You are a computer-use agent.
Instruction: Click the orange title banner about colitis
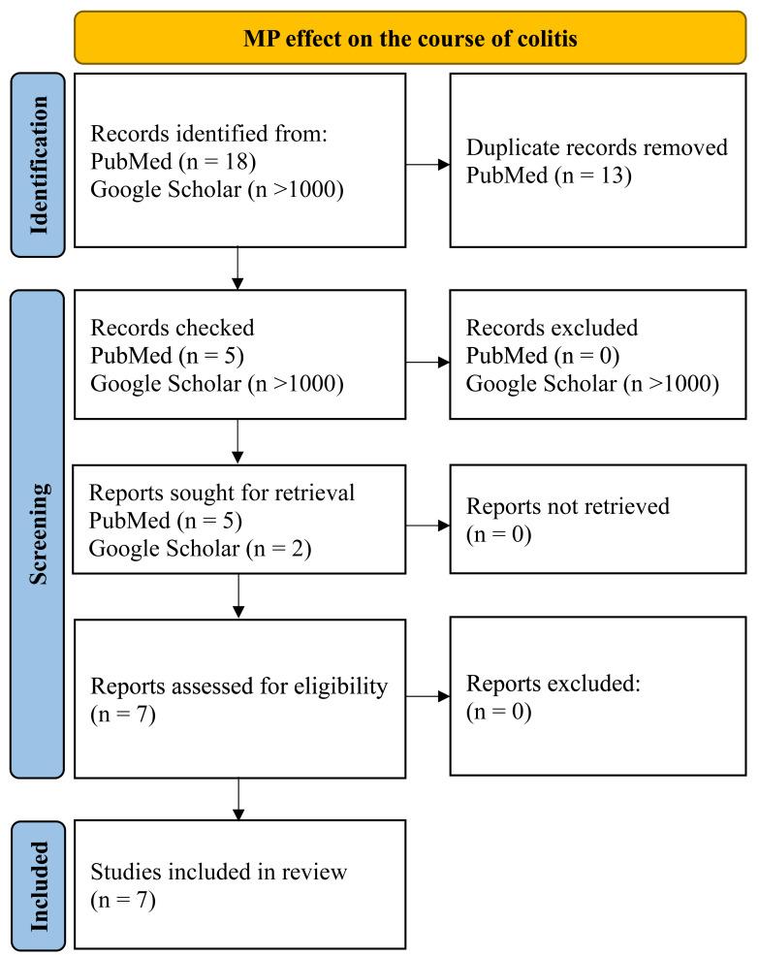click(x=409, y=37)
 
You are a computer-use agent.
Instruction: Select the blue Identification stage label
click(x=39, y=165)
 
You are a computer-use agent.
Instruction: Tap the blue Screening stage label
click(x=39, y=533)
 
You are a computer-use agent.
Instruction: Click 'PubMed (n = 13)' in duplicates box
click(x=535, y=175)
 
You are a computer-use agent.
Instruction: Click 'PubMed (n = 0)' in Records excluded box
click(x=530, y=355)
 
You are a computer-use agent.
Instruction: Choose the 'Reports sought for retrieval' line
click(x=222, y=494)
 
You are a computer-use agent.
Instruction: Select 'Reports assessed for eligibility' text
click(x=238, y=686)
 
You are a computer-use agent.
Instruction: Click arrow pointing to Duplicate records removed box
click(x=427, y=164)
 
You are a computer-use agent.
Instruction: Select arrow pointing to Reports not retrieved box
click(x=427, y=526)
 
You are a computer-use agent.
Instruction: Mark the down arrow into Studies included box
click(x=237, y=799)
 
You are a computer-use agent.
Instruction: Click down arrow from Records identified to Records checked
click(x=237, y=268)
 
